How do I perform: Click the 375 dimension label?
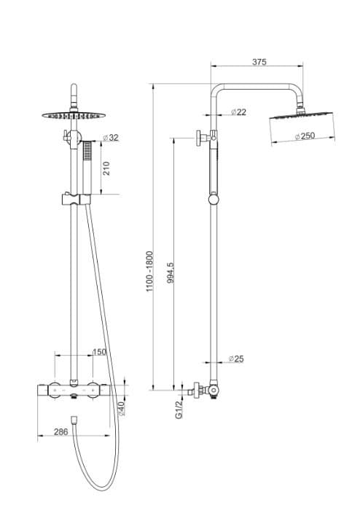pyautogui.click(x=259, y=63)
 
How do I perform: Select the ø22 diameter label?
pyautogui.click(x=238, y=111)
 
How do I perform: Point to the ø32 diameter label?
pyautogui.click(x=111, y=137)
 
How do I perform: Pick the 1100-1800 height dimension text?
pyautogui.click(x=150, y=271)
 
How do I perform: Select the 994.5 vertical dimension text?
pyautogui.click(x=170, y=276)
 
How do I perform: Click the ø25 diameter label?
pyautogui.click(x=235, y=359)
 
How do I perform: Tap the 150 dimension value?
pyautogui.click(x=99, y=352)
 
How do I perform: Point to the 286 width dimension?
pyautogui.click(x=61, y=431)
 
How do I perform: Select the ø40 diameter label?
pyautogui.click(x=122, y=408)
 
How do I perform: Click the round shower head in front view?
pyautogui.click(x=72, y=114)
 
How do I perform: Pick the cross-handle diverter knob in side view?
pyautogui.click(x=200, y=136)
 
